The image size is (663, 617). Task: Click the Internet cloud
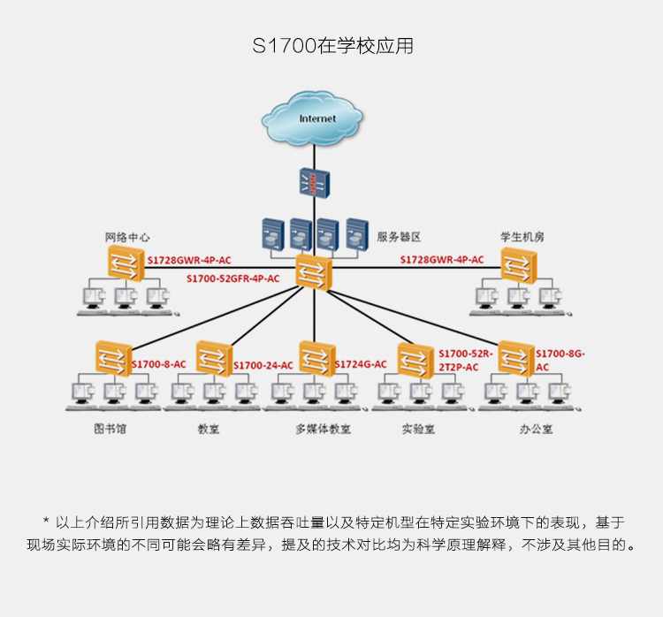tap(312, 118)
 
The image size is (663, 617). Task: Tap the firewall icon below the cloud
tap(314, 183)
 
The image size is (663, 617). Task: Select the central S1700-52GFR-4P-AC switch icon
tap(314, 272)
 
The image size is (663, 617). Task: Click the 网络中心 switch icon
tap(126, 264)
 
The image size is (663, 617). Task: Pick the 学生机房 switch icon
tap(519, 265)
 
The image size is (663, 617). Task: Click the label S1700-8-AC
tap(158, 364)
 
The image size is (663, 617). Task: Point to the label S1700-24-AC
tap(263, 365)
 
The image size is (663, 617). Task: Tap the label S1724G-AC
tap(361, 364)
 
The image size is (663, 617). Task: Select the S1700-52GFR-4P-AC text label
tap(233, 278)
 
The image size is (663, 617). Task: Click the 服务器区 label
tap(399, 237)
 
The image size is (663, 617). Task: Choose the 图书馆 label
tap(110, 429)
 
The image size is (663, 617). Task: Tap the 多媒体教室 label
tap(323, 430)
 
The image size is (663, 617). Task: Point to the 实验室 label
tap(418, 430)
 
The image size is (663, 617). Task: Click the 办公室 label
tap(537, 430)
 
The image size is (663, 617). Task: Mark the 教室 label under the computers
tap(209, 430)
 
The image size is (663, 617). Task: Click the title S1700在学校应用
tap(332, 46)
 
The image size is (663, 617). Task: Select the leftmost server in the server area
tap(273, 234)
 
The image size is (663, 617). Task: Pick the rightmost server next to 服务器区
tap(357, 234)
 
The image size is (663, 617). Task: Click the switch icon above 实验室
tap(415, 361)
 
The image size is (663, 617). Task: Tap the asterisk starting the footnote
tap(46, 521)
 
